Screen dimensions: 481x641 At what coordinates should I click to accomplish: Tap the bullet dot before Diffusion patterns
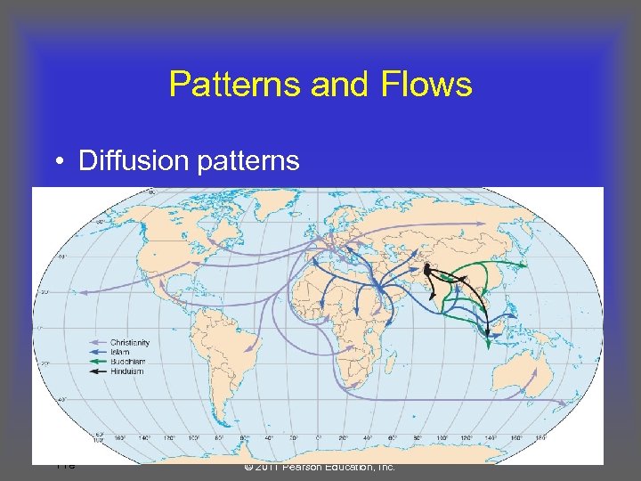click(56, 161)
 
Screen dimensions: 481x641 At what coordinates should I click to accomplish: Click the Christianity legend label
click(130, 343)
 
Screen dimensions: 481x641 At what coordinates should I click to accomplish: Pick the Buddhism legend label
click(127, 362)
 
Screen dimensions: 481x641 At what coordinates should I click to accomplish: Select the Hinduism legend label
click(126, 371)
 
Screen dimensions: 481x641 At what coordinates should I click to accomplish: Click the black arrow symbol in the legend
click(98, 371)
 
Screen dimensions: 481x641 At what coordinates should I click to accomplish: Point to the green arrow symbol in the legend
click(98, 362)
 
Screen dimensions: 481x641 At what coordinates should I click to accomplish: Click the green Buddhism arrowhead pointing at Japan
click(525, 265)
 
